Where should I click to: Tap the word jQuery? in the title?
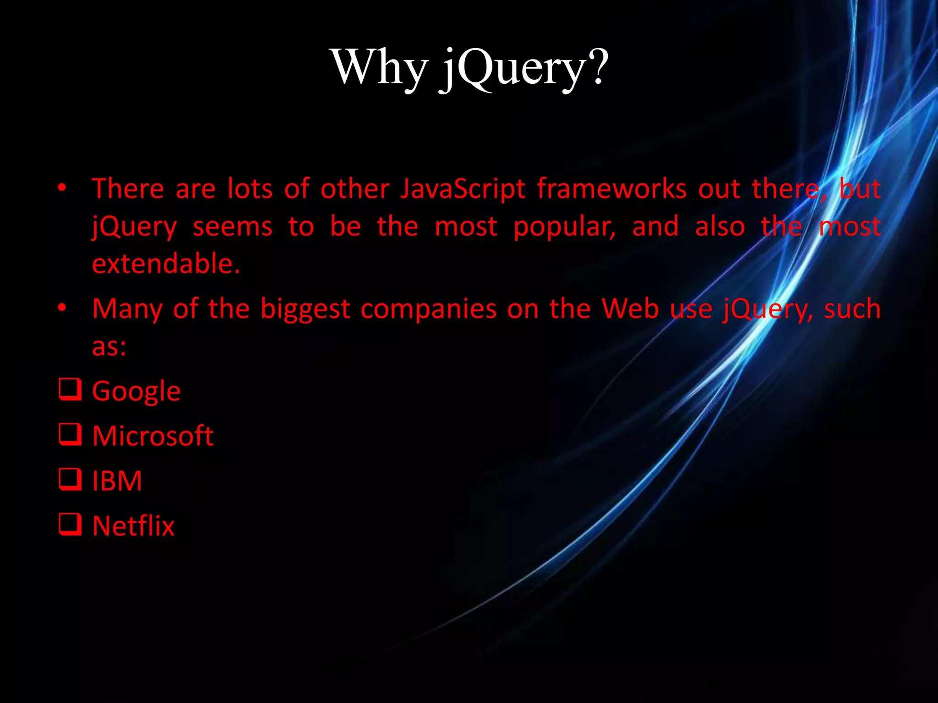(524, 69)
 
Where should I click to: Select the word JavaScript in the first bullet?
(463, 189)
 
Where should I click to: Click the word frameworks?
(611, 189)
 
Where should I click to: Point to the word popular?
(564, 227)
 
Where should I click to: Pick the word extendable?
(166, 264)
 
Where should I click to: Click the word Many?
(127, 309)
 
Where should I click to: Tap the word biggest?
(305, 309)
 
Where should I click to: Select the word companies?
(428, 309)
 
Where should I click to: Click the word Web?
(630, 309)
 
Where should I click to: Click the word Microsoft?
(153, 436)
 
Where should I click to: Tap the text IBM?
(117, 481)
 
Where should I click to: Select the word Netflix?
(133, 526)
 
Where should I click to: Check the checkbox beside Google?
(70, 389)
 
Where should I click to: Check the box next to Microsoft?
(70, 434)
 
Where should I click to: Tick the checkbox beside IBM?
(70, 479)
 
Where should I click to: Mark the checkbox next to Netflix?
(70, 525)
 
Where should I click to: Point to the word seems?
(232, 227)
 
